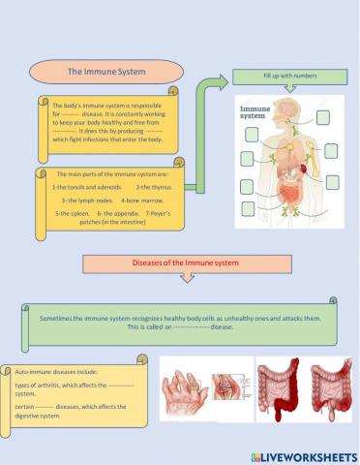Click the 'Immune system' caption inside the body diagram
255,113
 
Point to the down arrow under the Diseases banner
184,280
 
